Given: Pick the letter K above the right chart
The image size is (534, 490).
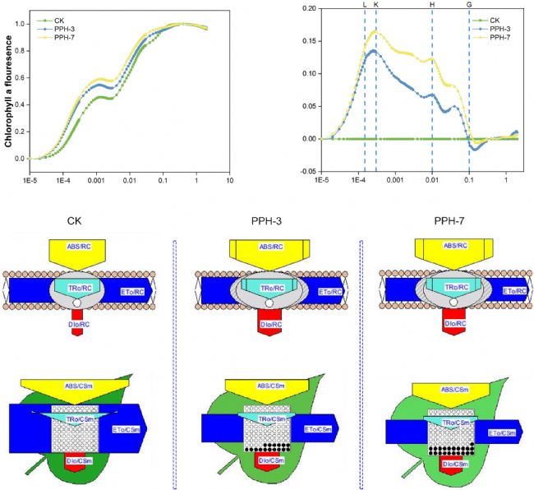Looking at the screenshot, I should pyautogui.click(x=376, y=5).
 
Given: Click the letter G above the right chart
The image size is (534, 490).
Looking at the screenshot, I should pyautogui.click(x=469, y=5).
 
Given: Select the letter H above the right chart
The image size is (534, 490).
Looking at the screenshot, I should pyautogui.click(x=432, y=5).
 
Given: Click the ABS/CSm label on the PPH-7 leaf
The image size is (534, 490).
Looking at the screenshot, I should pyautogui.click(x=449, y=390).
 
